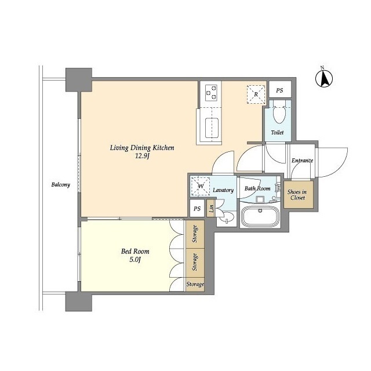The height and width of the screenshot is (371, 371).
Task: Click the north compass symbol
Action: click(x=324, y=78)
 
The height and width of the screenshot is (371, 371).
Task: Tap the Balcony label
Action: click(x=60, y=184)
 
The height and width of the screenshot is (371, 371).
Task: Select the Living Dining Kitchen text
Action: click(x=142, y=148)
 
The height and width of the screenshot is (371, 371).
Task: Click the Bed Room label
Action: click(x=135, y=251)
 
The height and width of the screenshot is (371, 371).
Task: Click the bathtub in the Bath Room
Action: click(x=260, y=217)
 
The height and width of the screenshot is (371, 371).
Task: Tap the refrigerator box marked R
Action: click(x=256, y=94)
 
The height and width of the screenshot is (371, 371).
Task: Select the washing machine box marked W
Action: click(x=201, y=186)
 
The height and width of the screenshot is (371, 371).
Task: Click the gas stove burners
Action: click(x=211, y=93)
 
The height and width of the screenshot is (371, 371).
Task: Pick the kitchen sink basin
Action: click(x=212, y=128)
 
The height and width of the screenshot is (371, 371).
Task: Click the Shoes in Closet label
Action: click(x=297, y=195)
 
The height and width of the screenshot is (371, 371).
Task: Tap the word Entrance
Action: click(x=302, y=161)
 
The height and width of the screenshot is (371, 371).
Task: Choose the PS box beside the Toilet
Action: click(x=279, y=90)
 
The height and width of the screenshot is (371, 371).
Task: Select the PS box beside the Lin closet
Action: click(x=197, y=209)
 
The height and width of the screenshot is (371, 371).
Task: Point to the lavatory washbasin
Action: click(x=227, y=217)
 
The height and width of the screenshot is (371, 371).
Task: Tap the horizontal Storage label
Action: click(x=195, y=284)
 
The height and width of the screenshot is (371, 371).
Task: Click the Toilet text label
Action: click(x=277, y=133)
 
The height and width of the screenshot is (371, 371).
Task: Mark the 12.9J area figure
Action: click(x=141, y=157)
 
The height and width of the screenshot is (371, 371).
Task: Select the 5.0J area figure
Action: click(x=135, y=260)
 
